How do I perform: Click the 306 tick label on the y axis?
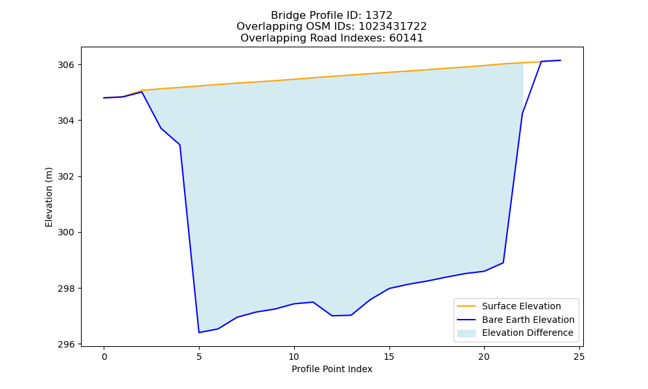click(x=65, y=65)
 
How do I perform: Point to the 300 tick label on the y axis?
click(x=65, y=232)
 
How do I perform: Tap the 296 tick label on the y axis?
click(x=65, y=344)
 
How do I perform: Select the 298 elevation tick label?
click(x=65, y=289)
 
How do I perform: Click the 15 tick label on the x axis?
click(x=389, y=357)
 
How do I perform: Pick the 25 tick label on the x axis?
click(x=579, y=357)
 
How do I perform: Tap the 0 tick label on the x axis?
click(x=104, y=357)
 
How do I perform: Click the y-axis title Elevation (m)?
click(x=49, y=197)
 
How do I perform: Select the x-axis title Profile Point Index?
click(x=332, y=369)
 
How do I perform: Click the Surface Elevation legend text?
click(x=522, y=306)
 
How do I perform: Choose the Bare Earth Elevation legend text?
click(x=528, y=320)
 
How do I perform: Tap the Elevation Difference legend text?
click(x=527, y=333)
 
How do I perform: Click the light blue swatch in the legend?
click(x=466, y=333)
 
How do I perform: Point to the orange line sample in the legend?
click(x=466, y=306)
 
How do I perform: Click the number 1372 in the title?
click(x=379, y=16)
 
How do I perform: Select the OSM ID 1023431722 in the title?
click(x=393, y=27)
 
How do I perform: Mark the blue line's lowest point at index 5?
click(x=199, y=333)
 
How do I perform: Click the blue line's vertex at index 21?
click(x=503, y=263)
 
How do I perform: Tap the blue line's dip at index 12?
click(x=332, y=316)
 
